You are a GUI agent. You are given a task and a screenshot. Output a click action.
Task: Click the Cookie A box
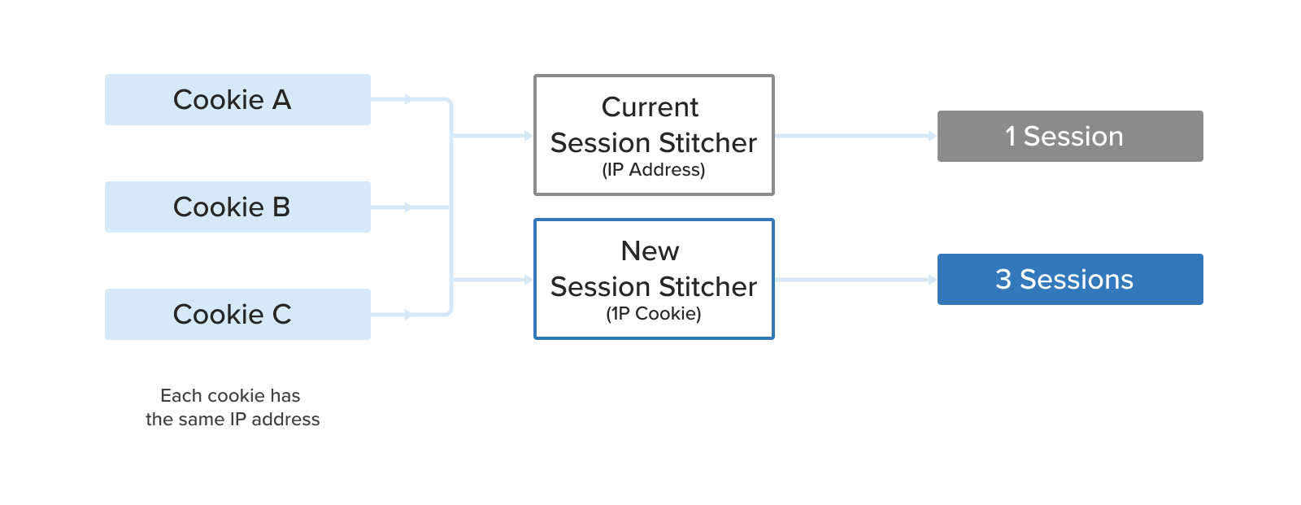click(x=237, y=99)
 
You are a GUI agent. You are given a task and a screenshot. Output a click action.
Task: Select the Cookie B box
click(x=237, y=207)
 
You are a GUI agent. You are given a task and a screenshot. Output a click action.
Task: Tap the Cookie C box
click(x=237, y=314)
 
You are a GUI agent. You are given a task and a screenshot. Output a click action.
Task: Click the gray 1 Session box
click(x=1069, y=136)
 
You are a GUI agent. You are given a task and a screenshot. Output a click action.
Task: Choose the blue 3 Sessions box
click(x=1069, y=279)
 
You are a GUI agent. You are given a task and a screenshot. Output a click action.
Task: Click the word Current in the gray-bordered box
click(x=650, y=107)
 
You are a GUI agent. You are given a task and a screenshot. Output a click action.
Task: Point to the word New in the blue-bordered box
click(x=650, y=250)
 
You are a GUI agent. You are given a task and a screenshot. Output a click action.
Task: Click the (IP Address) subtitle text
click(x=653, y=170)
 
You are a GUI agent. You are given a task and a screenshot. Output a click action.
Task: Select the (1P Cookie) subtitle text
click(x=653, y=314)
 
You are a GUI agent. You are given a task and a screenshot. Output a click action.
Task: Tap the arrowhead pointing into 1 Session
click(x=933, y=136)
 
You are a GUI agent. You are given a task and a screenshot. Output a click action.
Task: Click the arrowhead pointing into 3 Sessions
click(x=933, y=279)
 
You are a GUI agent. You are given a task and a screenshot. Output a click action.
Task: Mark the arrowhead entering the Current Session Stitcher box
click(x=529, y=136)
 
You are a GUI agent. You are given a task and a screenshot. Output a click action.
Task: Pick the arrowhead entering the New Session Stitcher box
click(x=529, y=279)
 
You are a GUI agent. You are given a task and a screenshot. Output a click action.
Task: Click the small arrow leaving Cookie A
click(x=408, y=99)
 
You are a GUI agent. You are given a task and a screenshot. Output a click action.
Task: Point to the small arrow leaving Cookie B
click(x=408, y=207)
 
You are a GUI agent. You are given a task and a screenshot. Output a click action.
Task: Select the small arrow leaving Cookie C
click(x=408, y=314)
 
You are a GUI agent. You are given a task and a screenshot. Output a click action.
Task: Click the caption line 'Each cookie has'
click(x=230, y=396)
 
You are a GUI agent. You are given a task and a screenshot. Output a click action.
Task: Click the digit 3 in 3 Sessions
click(x=1003, y=280)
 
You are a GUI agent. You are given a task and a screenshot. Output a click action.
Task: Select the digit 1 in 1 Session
click(x=1010, y=137)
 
